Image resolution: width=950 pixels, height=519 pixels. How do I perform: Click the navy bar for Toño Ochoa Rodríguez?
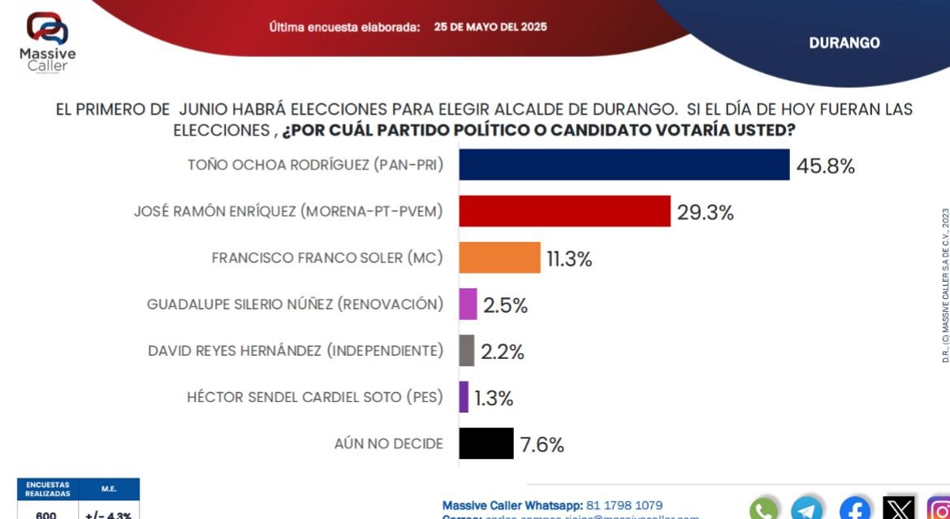[x=624, y=165]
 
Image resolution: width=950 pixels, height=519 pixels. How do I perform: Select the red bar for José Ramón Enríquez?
[x=564, y=211]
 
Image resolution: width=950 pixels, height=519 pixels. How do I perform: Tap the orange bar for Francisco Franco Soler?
[x=499, y=257]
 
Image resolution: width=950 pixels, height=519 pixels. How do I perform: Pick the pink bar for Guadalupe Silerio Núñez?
[x=468, y=305]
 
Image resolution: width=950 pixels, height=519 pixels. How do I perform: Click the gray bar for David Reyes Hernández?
[x=466, y=351]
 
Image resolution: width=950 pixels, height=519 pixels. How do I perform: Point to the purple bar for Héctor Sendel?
[x=464, y=397]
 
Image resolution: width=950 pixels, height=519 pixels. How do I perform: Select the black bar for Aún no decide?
[x=486, y=443]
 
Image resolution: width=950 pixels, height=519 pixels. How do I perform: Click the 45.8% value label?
[x=825, y=167]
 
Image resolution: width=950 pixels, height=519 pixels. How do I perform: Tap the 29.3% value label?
[x=705, y=213]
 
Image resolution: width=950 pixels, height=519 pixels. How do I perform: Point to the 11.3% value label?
[x=568, y=259]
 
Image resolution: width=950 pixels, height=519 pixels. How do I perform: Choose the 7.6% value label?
[x=542, y=445]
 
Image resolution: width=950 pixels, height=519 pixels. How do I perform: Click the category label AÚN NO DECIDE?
[x=388, y=443]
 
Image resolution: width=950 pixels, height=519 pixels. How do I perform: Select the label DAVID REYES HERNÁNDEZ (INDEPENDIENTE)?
[x=296, y=351]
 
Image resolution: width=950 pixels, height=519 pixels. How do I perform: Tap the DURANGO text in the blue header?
[x=844, y=43]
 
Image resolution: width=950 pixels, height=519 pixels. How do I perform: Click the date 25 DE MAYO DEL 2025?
[x=490, y=27]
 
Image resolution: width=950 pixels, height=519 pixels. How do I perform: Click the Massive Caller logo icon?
[x=47, y=28]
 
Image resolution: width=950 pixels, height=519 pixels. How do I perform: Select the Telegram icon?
[x=807, y=509]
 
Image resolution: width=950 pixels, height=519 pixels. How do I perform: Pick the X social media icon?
[x=898, y=509]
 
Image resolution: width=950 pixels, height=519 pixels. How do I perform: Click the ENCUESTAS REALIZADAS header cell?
[x=47, y=489]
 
